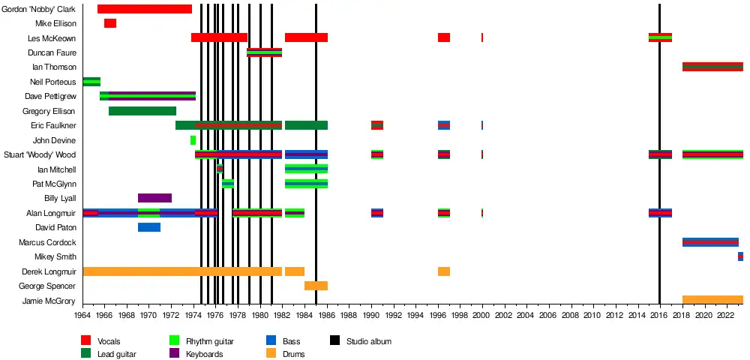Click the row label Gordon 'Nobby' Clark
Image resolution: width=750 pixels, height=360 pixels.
40,9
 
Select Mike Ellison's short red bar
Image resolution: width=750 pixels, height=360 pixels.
110,23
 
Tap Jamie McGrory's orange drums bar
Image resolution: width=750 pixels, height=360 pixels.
712,300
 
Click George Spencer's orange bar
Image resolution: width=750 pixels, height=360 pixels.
316,286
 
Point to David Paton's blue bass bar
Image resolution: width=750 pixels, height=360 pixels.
149,227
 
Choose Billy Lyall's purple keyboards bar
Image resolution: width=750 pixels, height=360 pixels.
154,198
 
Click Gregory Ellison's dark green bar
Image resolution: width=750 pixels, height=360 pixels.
142,111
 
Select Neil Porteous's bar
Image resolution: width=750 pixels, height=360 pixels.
91,82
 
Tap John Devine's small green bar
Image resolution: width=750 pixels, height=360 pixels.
193,140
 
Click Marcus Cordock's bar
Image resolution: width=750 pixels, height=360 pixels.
710,242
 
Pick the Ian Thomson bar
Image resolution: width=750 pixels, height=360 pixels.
712,67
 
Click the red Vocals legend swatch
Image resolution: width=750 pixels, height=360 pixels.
86,341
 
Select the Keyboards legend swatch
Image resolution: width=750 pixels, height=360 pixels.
175,354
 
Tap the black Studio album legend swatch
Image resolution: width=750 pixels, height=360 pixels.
335,341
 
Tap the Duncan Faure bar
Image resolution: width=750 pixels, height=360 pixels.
264,52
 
